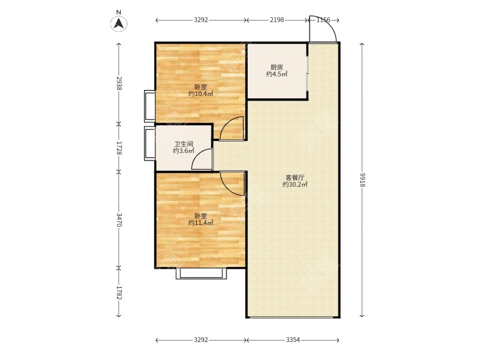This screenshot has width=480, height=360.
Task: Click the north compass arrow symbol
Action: pyautogui.click(x=119, y=23)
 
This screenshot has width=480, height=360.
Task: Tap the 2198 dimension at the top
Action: pyautogui.click(x=277, y=20)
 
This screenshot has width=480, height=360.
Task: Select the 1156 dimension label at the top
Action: pyautogui.click(x=323, y=20)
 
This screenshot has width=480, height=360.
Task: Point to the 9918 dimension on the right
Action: pyautogui.click(x=362, y=179)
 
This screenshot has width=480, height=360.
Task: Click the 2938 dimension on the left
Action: pyautogui.click(x=119, y=83)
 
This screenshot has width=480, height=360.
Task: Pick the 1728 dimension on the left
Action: pyautogui.click(x=119, y=148)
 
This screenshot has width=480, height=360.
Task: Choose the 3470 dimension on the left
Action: pyautogui.click(x=119, y=220)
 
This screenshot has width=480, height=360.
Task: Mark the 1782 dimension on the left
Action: pyautogui.click(x=119, y=293)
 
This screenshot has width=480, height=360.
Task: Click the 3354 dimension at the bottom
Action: pyautogui.click(x=293, y=340)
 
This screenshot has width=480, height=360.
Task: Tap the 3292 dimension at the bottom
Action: pyautogui.click(x=201, y=340)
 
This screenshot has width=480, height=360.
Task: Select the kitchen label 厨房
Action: pyautogui.click(x=277, y=67)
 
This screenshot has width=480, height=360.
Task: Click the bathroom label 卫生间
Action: pyautogui.click(x=184, y=144)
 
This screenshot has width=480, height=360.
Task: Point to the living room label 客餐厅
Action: pyautogui.click(x=295, y=178)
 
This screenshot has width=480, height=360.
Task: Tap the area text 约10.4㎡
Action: pyautogui.click(x=201, y=94)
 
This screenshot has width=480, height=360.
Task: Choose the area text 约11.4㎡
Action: pyautogui.click(x=201, y=223)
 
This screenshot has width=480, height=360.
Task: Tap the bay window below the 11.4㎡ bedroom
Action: pyautogui.click(x=202, y=274)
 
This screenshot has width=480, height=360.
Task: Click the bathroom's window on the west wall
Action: pyautogui.click(x=149, y=143)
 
